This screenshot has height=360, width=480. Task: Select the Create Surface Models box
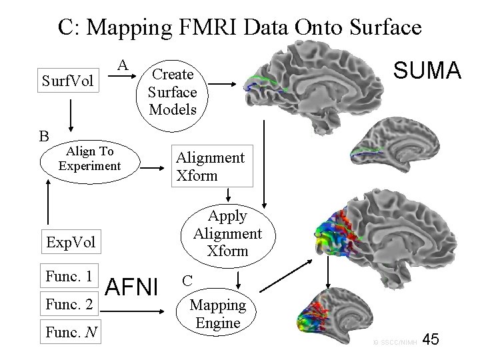172,91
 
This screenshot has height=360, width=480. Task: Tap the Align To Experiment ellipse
89,159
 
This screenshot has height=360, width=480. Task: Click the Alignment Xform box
213,166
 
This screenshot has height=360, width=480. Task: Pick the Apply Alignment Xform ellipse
227,233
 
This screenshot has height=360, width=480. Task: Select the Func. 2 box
69,305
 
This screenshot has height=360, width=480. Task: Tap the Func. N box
69,331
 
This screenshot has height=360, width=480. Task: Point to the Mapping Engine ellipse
218,314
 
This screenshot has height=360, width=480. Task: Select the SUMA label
427,69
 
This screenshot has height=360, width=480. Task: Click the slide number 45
431,340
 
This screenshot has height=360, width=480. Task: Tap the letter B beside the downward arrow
44,137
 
